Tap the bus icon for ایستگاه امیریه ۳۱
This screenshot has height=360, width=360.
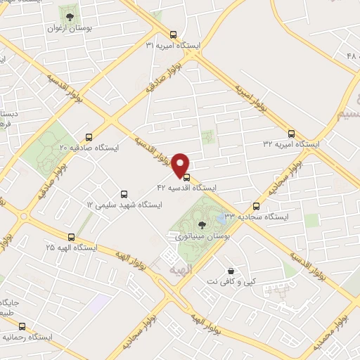[173, 34]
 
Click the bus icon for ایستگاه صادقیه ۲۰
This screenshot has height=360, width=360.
[89, 137]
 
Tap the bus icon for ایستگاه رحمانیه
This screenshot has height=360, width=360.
[22, 326]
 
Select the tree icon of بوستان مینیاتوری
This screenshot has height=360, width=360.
[202, 225]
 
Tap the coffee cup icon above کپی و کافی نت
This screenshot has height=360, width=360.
[230, 271]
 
